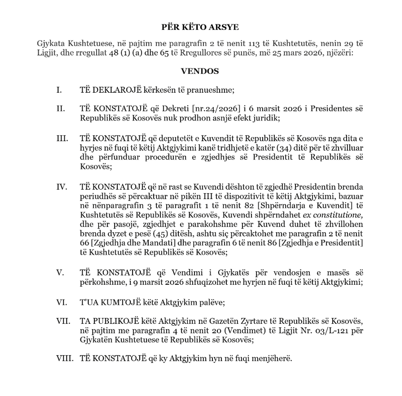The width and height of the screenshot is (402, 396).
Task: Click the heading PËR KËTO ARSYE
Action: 200,27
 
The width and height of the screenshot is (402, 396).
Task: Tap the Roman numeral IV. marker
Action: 61,187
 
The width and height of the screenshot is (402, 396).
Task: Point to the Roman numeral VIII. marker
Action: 64,358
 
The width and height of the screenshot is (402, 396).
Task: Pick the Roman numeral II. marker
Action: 60,109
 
